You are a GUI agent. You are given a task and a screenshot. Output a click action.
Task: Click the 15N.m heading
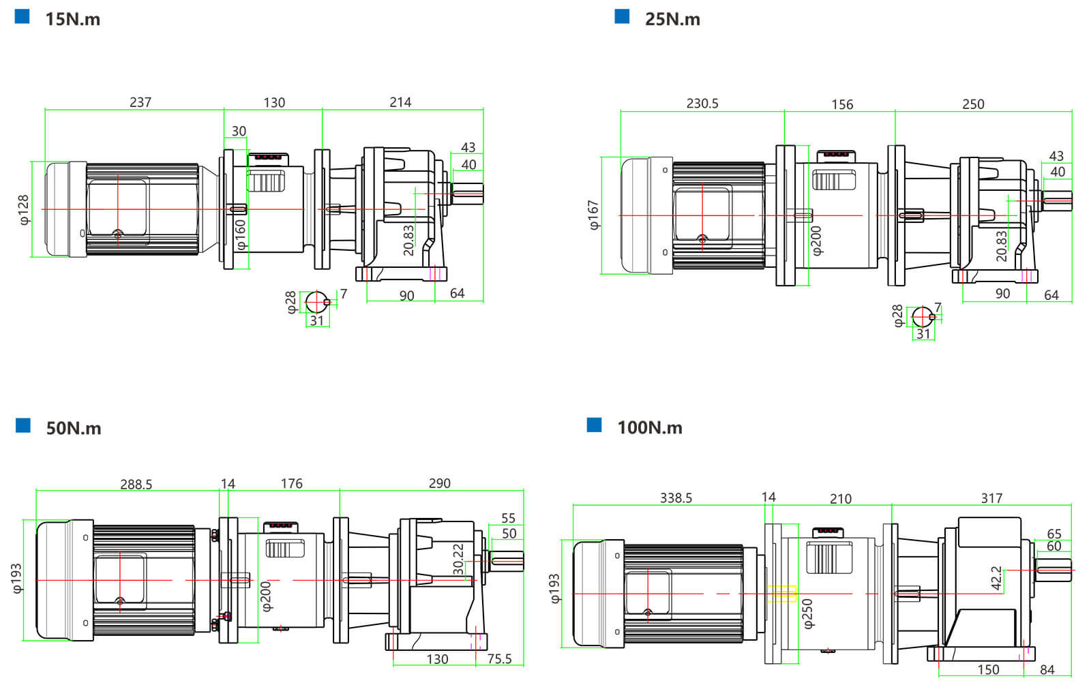click(72, 19)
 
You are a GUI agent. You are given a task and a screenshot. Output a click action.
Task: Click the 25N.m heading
click(672, 19)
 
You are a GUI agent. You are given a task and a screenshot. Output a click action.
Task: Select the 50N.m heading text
click(74, 428)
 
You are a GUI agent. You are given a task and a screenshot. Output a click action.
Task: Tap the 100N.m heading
click(649, 427)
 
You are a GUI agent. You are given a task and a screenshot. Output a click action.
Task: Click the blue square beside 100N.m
click(594, 425)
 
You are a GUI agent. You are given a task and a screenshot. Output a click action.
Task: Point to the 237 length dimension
click(140, 102)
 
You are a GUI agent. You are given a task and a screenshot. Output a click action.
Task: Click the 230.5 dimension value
click(702, 104)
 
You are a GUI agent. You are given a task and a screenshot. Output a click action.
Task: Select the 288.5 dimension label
click(136, 485)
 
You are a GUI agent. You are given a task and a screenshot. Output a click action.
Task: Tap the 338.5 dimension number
click(676, 498)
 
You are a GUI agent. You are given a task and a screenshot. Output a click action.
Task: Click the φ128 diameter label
click(24, 210)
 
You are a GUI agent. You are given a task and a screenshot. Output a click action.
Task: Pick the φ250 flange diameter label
click(808, 613)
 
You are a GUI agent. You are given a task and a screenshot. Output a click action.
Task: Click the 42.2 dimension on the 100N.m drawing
click(997, 578)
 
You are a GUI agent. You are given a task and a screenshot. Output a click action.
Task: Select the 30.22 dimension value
click(459, 560)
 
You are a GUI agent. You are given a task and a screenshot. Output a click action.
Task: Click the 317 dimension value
click(991, 499)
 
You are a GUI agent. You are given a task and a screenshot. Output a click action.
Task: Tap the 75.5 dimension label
click(499, 659)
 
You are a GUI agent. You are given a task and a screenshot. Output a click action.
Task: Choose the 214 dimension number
click(400, 102)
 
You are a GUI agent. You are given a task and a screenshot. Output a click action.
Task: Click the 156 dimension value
click(842, 104)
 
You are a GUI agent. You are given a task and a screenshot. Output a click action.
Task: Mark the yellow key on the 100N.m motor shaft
click(782, 594)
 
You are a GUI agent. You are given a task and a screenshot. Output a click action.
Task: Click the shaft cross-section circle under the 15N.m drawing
click(316, 301)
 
